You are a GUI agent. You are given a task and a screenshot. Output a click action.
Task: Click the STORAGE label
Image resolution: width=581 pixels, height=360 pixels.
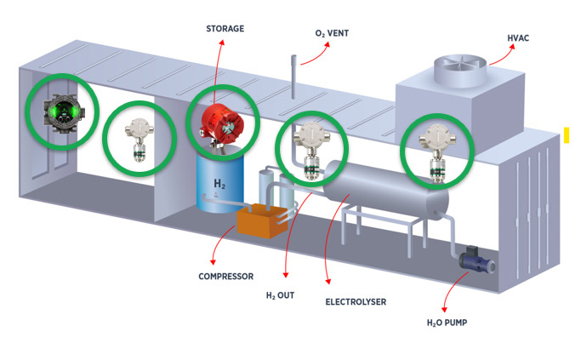pyautogui.click(x=225, y=29)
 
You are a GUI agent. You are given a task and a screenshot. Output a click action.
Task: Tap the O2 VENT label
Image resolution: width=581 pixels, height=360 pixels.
pyautogui.click(x=332, y=33)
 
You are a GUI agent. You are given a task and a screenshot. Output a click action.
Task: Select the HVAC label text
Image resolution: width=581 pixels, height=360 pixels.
pyautogui.click(x=518, y=37)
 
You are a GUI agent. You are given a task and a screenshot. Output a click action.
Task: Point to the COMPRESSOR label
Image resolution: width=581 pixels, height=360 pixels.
pyautogui.click(x=226, y=277)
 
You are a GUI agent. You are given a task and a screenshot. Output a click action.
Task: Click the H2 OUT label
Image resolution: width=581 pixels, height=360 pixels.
pyautogui.click(x=280, y=295)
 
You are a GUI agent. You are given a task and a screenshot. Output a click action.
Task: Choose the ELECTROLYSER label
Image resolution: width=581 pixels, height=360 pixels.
pyautogui.click(x=356, y=302)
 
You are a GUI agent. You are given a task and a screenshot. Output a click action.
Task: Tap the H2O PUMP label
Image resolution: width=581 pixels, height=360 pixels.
pyautogui.click(x=447, y=323)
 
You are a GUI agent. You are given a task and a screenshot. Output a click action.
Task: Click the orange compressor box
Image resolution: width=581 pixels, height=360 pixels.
pyautogui.click(x=262, y=220)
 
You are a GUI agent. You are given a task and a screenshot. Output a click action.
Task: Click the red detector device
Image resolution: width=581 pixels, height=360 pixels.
pyautogui.click(x=222, y=123)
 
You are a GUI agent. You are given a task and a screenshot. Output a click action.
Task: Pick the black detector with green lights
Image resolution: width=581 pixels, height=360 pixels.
pyautogui.click(x=63, y=112)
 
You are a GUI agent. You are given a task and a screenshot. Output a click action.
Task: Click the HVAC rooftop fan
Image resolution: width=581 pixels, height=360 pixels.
pyautogui.click(x=460, y=70)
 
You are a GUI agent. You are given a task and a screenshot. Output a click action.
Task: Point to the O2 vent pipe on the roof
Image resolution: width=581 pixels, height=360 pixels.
pyautogui.click(x=293, y=77)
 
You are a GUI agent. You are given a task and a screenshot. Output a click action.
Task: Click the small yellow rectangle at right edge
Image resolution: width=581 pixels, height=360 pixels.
pyautogui.click(x=567, y=135)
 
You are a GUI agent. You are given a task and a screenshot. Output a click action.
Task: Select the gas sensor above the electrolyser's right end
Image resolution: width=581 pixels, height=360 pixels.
pyautogui.click(x=437, y=152)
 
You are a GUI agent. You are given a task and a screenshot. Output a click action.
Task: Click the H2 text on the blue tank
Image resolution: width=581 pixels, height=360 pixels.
pyautogui.click(x=219, y=183)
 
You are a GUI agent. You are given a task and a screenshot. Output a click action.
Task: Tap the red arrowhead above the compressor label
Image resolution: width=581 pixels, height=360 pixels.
pyautogui.click(x=213, y=262)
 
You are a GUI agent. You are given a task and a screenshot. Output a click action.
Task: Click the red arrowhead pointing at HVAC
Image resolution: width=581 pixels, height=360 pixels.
pyautogui.click(x=512, y=47)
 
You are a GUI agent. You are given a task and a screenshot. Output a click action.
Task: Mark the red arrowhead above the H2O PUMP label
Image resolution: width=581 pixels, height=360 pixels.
pyautogui.click(x=444, y=310)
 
